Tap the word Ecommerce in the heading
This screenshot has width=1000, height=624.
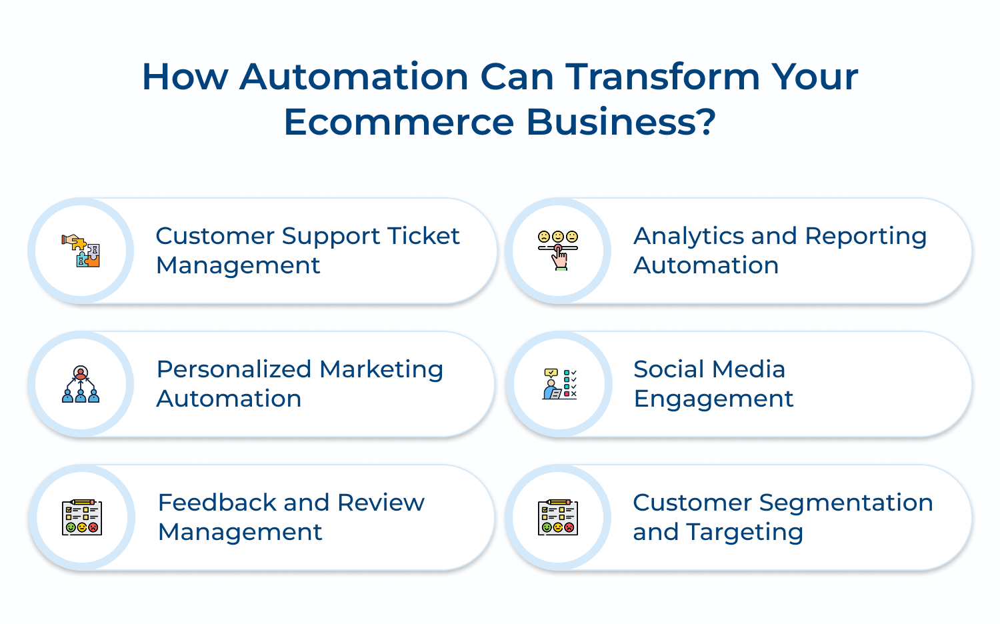click(399, 123)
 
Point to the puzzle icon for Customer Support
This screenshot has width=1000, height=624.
click(81, 251)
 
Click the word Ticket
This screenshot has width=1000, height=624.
click(423, 236)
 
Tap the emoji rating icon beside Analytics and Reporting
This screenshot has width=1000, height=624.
click(558, 250)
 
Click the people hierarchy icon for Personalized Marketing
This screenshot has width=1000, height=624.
click(81, 384)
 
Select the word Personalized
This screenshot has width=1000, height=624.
click(233, 369)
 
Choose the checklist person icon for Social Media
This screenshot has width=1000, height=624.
click(559, 384)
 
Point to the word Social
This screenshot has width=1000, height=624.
click(669, 369)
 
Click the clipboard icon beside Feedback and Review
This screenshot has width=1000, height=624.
click(81, 517)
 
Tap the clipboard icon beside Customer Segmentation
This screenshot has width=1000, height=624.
click(558, 517)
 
